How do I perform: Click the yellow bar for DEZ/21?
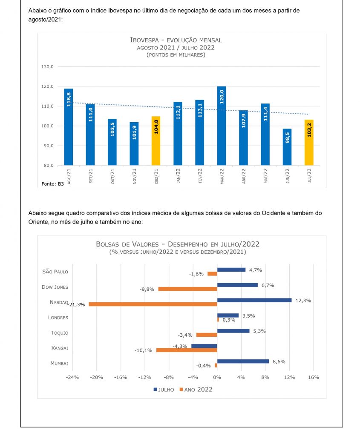pyautogui.click(x=156, y=141)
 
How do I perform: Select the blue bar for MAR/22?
pyautogui.click(x=222, y=126)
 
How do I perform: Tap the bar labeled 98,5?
pyautogui.click(x=287, y=147)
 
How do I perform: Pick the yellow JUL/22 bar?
pyautogui.click(x=309, y=142)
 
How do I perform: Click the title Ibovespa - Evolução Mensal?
pyautogui.click(x=176, y=40)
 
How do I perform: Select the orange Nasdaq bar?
pyautogui.click(x=153, y=304)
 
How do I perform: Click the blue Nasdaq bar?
pyautogui.click(x=254, y=300)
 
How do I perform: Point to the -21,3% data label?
pyautogui.click(x=77, y=304)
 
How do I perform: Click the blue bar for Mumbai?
pyautogui.click(x=243, y=361)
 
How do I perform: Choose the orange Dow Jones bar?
pyautogui.click(x=187, y=289)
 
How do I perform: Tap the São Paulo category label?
pyautogui.click(x=55, y=271)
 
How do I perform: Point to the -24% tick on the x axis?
pyautogui.click(x=73, y=377)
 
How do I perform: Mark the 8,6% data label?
pyautogui.click(x=278, y=361)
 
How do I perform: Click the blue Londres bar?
pyautogui.click(x=228, y=316)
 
